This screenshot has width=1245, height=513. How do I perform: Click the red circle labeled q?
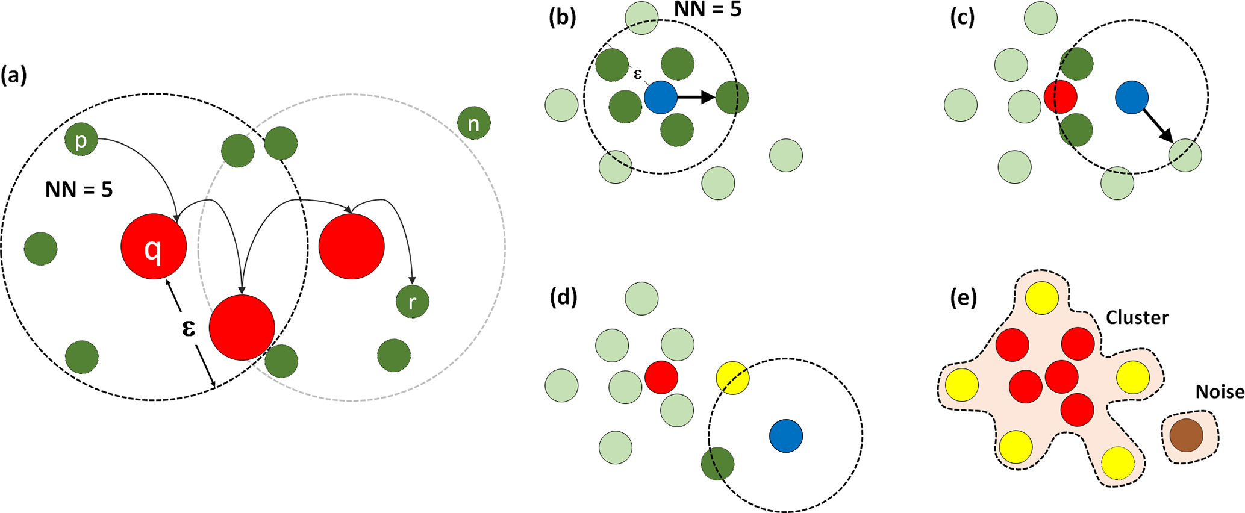click(154, 247)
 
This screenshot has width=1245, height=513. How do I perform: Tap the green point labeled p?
click(81, 140)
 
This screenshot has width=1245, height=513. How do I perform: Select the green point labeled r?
click(413, 302)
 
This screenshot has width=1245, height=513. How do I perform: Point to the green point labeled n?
click(474, 123)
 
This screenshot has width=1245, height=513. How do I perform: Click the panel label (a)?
click(14, 76)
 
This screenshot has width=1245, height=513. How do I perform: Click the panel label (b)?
click(563, 17)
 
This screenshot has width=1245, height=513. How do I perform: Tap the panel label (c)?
click(962, 17)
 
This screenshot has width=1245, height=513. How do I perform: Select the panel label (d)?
click(564, 297)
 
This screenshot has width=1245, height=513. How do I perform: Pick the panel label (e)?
click(963, 298)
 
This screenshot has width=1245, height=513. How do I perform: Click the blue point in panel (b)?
click(661, 98)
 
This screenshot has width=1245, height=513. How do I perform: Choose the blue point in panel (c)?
click(1132, 98)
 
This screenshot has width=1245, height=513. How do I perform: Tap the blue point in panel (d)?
click(786, 436)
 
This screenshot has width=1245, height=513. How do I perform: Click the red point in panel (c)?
click(1061, 96)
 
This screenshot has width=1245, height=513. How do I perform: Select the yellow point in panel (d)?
click(732, 378)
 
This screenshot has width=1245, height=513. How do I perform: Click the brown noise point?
click(1186, 435)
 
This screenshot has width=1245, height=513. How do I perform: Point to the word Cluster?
click(1137, 318)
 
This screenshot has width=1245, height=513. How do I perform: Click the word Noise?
click(1220, 393)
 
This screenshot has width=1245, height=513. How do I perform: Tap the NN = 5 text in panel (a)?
click(79, 190)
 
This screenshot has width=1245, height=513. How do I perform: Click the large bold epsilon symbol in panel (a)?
click(189, 328)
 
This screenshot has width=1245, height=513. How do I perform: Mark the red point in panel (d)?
click(661, 378)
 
